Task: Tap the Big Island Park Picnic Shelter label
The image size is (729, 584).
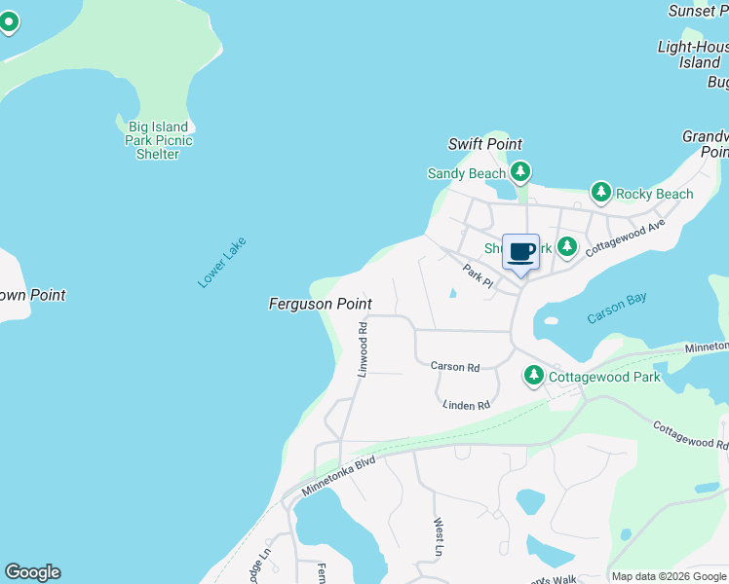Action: [x=159, y=140]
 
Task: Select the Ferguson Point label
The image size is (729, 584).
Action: [x=320, y=305]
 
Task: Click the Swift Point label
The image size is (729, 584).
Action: [x=485, y=144]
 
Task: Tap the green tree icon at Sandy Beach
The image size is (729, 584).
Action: [x=520, y=173]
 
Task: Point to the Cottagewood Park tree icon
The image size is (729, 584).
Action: [x=533, y=376]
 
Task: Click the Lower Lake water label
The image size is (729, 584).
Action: [x=222, y=263]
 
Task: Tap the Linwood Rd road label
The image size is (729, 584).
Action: [x=362, y=349]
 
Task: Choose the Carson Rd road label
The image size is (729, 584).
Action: [x=455, y=367]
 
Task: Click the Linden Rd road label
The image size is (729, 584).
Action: [x=465, y=404]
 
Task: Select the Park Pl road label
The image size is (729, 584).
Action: [x=479, y=276]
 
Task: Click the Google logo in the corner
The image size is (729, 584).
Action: [x=32, y=572]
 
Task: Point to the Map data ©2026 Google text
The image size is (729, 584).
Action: [x=669, y=576]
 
